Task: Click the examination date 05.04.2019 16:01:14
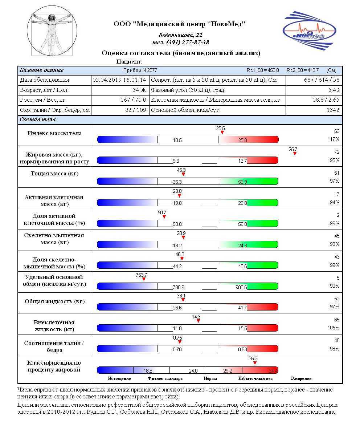point(119,80)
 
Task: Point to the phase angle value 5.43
point(333,90)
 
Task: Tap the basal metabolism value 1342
point(332,110)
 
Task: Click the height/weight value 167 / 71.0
point(133,100)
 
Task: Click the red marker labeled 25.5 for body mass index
point(222,133)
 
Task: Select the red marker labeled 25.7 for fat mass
point(295,154)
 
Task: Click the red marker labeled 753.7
point(144,279)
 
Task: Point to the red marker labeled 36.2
point(255,363)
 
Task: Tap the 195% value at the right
point(334,161)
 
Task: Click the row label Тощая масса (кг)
point(54,174)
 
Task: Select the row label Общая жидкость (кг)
point(54,301)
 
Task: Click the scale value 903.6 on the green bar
point(241,287)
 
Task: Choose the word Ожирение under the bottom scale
point(301,378)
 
